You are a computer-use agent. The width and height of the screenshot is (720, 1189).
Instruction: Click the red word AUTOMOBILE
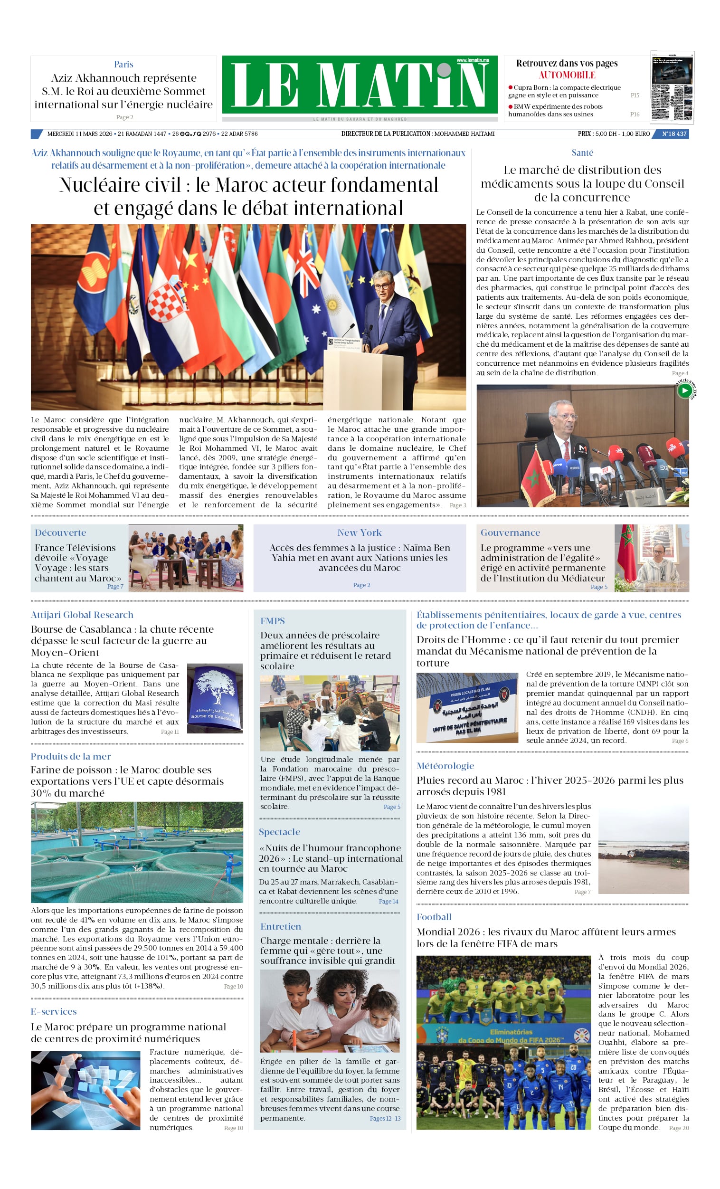tap(567, 75)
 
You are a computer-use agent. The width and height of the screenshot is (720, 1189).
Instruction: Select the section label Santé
tap(582, 152)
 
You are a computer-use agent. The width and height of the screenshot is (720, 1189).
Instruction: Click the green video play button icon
tap(684, 391)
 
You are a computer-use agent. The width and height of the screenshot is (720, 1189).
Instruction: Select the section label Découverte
tap(60, 533)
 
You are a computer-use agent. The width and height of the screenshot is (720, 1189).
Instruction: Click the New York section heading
tap(360, 533)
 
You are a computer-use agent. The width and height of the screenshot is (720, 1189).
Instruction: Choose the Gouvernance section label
tap(510, 533)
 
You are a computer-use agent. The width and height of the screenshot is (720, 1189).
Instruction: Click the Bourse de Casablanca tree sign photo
tap(214, 698)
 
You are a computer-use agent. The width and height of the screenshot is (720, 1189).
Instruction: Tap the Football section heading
tap(434, 917)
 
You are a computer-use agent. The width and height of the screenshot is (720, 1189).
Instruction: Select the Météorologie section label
tap(445, 766)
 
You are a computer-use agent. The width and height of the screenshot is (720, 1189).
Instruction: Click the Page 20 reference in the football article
tap(679, 1128)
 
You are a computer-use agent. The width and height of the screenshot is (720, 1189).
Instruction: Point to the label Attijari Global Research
tap(82, 615)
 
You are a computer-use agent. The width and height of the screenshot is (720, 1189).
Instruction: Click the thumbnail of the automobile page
tap(672, 87)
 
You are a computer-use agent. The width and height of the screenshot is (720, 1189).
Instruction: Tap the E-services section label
tap(54, 1011)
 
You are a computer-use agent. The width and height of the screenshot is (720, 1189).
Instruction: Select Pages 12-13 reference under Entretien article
tap(385, 1118)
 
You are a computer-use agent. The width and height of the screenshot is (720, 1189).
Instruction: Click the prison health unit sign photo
tap(467, 707)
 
